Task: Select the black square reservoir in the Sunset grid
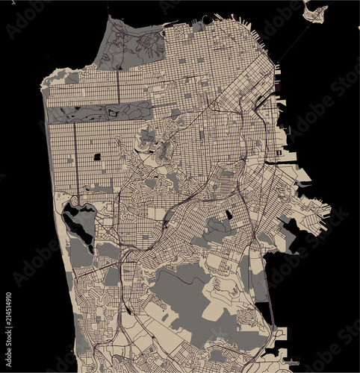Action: [98, 157]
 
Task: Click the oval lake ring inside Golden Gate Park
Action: [114, 113]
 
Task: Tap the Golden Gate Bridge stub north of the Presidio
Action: [109, 15]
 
